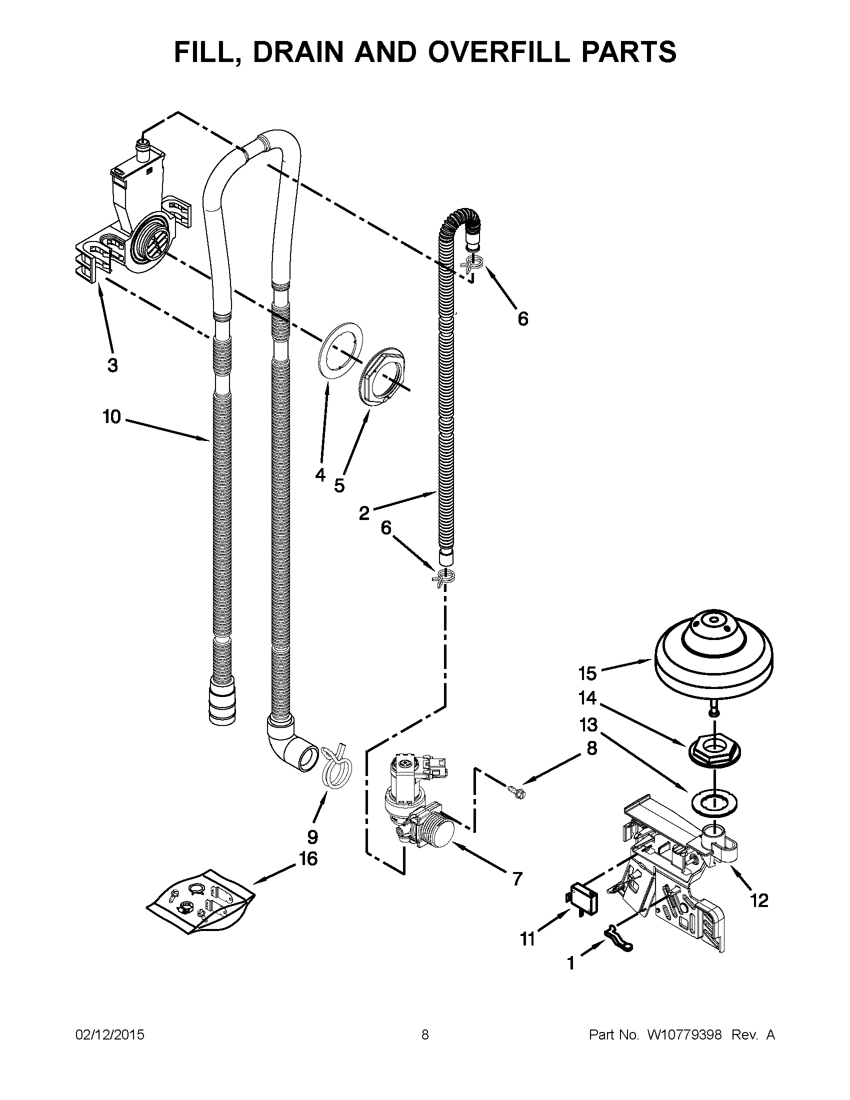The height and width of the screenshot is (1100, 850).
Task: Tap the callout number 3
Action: click(113, 365)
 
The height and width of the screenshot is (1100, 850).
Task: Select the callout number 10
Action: click(112, 417)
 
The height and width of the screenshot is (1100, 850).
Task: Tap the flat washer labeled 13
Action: click(714, 801)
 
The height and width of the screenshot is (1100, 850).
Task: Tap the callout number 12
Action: click(759, 900)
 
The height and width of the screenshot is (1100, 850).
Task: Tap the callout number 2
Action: click(363, 513)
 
